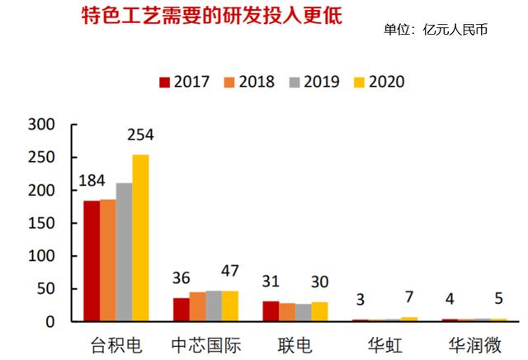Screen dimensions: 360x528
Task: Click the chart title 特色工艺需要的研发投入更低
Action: (x=211, y=16)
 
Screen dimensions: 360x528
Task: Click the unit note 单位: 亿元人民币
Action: (x=436, y=31)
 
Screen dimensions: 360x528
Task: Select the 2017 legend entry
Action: (x=184, y=82)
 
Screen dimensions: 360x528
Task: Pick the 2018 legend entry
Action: (x=249, y=82)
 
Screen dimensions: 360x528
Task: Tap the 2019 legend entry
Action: (x=315, y=82)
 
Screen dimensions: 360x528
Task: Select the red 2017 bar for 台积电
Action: (x=92, y=260)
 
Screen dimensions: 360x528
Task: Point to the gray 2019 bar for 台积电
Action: (x=124, y=252)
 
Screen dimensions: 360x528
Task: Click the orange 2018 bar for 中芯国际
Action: (x=197, y=306)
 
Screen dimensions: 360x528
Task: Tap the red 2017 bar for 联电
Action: (x=271, y=311)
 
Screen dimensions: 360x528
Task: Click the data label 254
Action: (x=140, y=135)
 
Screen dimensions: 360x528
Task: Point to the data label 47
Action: (x=229, y=272)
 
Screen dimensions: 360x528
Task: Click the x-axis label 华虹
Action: (x=384, y=343)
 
